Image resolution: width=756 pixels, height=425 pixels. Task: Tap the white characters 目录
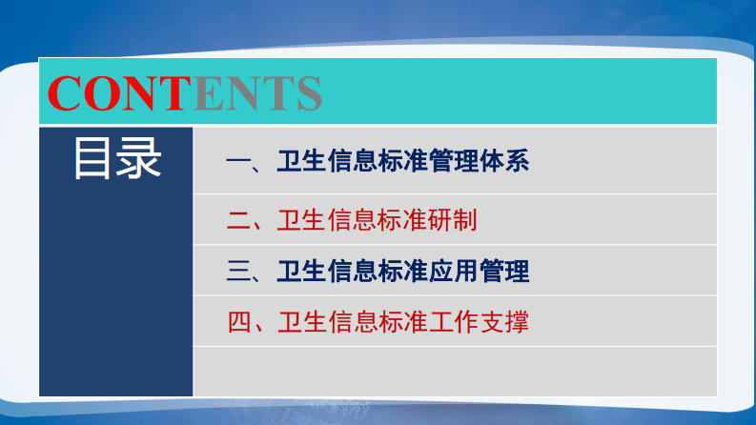point(117,159)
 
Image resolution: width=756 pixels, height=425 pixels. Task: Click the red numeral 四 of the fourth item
point(238,321)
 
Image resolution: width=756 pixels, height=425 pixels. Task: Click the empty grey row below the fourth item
point(455,371)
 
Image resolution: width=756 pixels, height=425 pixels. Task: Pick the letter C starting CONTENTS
point(64,92)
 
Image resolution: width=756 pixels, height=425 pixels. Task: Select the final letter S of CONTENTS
point(307,92)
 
